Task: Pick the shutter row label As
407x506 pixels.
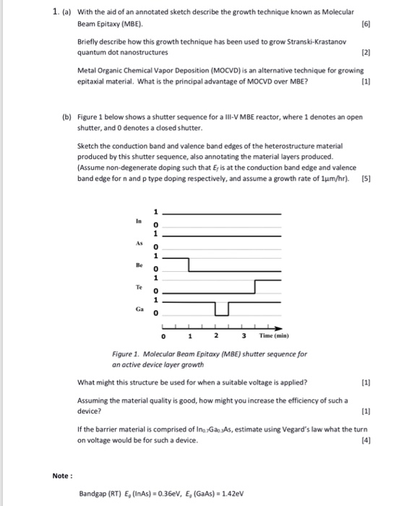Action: coord(137,244)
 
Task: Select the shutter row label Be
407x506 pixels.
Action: coord(137,266)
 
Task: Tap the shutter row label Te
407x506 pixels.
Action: coord(137,287)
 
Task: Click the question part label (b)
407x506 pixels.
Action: coord(64,116)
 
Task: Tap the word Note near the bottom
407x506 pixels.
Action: coord(61,475)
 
